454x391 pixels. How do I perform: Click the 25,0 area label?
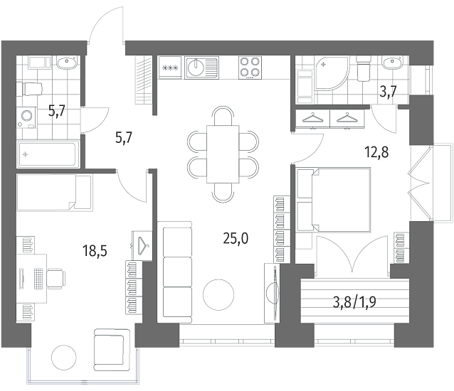pyautogui.click(x=236, y=239)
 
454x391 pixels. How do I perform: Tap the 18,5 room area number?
pyautogui.click(x=95, y=251)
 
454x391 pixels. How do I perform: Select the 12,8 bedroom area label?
pyautogui.click(x=376, y=152)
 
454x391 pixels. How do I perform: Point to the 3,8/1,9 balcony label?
pyautogui.click(x=354, y=303)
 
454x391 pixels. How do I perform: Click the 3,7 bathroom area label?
pyautogui.click(x=388, y=92)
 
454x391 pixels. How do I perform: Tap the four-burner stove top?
pyautogui.click(x=250, y=68)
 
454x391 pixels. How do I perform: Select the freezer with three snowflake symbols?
pyautogui.click(x=170, y=68)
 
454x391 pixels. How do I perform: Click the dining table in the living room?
pyautogui.click(x=223, y=154)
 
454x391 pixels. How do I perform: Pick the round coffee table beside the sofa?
pyautogui.click(x=218, y=295)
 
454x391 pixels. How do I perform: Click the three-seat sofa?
pyautogui.click(x=174, y=272)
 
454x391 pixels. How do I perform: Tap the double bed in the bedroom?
pyautogui.click(x=334, y=200)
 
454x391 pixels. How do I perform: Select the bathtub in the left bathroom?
pyautogui.click(x=48, y=154)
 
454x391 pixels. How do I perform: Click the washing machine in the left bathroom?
pyautogui.click(x=26, y=117)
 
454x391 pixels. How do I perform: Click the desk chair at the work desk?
pyautogui.click(x=56, y=279)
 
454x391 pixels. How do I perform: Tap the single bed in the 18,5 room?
pyautogui.click(x=54, y=193)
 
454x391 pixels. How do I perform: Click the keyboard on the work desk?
pyautogui.click(x=38, y=279)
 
